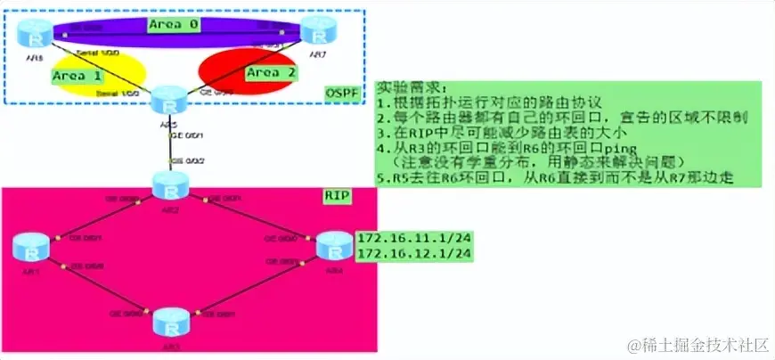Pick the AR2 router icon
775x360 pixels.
pos(167,186)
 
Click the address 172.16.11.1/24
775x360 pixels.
pos(413,239)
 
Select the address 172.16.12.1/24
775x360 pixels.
pos(413,255)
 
